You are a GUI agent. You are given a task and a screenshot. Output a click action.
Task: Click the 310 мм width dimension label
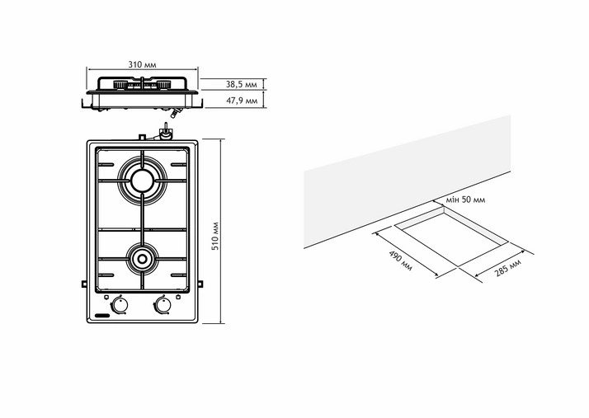click(143, 64)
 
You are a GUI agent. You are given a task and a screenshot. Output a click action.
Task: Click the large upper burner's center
click(142, 177)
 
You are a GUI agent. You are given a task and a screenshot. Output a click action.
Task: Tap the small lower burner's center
click(142, 261)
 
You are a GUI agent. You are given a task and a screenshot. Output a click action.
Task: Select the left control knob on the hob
click(120, 305)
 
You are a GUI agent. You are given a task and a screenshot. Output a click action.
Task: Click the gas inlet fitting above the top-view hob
click(164, 133)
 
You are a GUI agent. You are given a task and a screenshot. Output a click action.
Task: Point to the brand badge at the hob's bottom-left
click(103, 315)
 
